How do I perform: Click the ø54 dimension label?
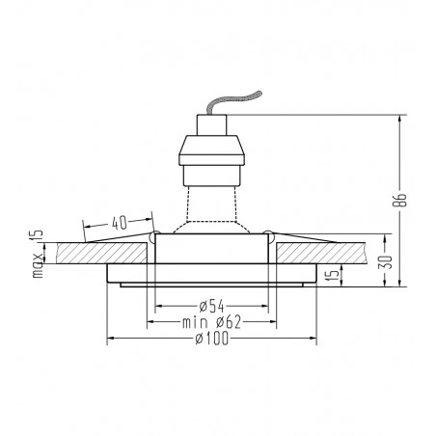(211, 306)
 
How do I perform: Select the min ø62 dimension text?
(211, 322)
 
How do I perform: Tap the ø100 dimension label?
(212, 339)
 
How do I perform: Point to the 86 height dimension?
(401, 200)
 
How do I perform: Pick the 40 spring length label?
(120, 223)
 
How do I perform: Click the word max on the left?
(38, 265)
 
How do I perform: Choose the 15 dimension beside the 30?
(334, 274)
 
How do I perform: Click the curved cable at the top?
(234, 101)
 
